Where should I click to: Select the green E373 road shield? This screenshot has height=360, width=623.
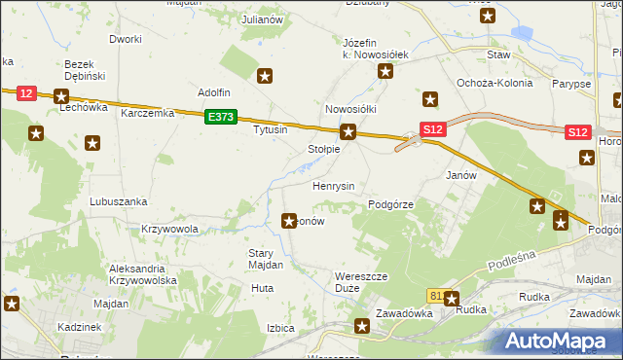click(221, 117)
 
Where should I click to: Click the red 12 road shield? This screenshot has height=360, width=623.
click(26, 92)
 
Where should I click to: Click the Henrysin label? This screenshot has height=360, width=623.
click(333, 186)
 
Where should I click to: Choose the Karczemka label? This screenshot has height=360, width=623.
click(147, 113)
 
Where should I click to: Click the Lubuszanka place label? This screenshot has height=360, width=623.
click(118, 201)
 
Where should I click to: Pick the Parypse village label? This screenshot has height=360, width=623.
click(571, 84)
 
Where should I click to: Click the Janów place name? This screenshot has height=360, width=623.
click(460, 176)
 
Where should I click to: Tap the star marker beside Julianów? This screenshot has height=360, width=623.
click(266, 75)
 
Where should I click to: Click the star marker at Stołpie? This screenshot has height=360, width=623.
click(348, 131)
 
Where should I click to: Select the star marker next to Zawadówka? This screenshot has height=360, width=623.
click(363, 327)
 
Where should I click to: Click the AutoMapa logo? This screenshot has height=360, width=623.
click(558, 341)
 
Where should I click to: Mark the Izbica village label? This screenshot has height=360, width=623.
click(280, 328)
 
